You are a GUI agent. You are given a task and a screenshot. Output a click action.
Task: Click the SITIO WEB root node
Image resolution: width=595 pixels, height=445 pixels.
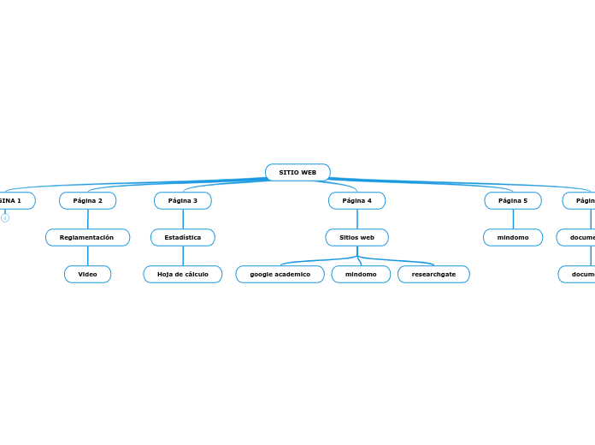297,173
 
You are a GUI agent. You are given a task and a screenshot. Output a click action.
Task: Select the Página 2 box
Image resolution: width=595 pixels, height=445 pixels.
87,201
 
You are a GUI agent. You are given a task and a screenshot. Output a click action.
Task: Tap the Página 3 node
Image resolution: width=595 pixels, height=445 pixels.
182,201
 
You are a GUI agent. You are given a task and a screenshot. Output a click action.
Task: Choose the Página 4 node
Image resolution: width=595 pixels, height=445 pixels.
356,201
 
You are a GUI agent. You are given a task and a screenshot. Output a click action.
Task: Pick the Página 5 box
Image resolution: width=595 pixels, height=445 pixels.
513,201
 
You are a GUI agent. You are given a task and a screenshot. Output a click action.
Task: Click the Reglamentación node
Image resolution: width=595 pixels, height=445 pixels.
87,238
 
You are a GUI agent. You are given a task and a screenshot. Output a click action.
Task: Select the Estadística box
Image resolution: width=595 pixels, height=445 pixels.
182,238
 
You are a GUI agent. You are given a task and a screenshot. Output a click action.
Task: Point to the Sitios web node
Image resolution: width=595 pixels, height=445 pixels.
356,238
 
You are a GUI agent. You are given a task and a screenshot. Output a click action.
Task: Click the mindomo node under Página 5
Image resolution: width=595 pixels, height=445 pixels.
513,238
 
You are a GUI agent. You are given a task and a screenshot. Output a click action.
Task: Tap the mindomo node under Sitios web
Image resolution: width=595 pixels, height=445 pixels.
361,275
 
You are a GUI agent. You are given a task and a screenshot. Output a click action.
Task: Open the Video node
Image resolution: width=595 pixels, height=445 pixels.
87,275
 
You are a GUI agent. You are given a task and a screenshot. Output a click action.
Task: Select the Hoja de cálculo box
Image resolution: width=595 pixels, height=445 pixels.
182,275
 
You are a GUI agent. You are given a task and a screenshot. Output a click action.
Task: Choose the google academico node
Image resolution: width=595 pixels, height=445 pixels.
280,275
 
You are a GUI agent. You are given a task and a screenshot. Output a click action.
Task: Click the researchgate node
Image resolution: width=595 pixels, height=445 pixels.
433,275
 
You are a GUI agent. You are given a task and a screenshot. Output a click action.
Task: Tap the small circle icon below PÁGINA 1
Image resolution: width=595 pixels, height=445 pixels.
5,218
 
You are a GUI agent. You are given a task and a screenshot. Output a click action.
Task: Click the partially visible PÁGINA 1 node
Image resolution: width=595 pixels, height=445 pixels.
13,201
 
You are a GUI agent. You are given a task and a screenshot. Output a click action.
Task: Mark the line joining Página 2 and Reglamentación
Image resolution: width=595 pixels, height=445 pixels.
87,219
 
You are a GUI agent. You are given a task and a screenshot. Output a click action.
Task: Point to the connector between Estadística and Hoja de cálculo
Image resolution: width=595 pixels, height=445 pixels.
182,256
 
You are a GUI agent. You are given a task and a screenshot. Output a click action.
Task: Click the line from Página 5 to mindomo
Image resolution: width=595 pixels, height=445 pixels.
513,219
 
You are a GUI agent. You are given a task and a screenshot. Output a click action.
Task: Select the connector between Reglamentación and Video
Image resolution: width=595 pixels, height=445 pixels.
87,256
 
